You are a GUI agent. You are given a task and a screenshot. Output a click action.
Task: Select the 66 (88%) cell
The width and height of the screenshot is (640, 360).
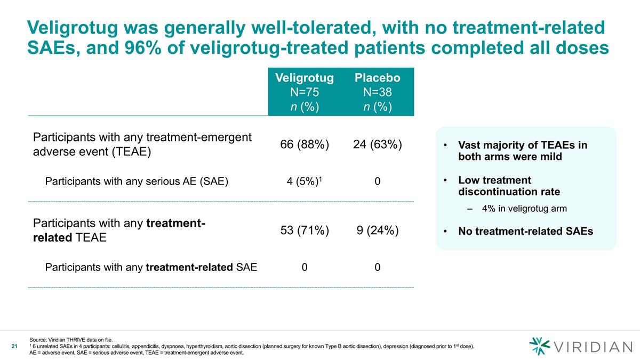click(x=304, y=145)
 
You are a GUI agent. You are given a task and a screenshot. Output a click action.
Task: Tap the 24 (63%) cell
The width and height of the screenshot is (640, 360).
click(x=377, y=145)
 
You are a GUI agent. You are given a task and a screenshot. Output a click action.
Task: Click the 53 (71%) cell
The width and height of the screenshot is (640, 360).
click(x=304, y=230)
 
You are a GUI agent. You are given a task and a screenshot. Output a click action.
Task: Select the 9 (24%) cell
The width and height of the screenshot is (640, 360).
click(x=377, y=230)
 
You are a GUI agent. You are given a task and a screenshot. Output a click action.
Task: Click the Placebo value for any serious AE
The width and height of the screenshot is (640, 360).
click(x=377, y=181)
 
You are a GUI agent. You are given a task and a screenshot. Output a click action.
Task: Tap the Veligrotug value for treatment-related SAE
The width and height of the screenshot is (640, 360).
click(x=304, y=267)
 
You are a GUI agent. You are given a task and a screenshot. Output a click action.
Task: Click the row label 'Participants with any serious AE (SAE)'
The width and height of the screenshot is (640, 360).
click(x=137, y=181)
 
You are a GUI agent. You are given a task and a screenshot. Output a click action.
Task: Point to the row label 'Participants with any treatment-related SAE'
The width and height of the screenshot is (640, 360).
click(x=151, y=267)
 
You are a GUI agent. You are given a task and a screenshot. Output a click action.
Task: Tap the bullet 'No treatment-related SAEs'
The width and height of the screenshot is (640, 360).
click(x=525, y=231)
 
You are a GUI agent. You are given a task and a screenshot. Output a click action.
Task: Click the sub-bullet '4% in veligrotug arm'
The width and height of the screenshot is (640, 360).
click(x=524, y=209)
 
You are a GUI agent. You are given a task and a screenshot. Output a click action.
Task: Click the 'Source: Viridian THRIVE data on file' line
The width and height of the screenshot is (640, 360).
click(x=71, y=339)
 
